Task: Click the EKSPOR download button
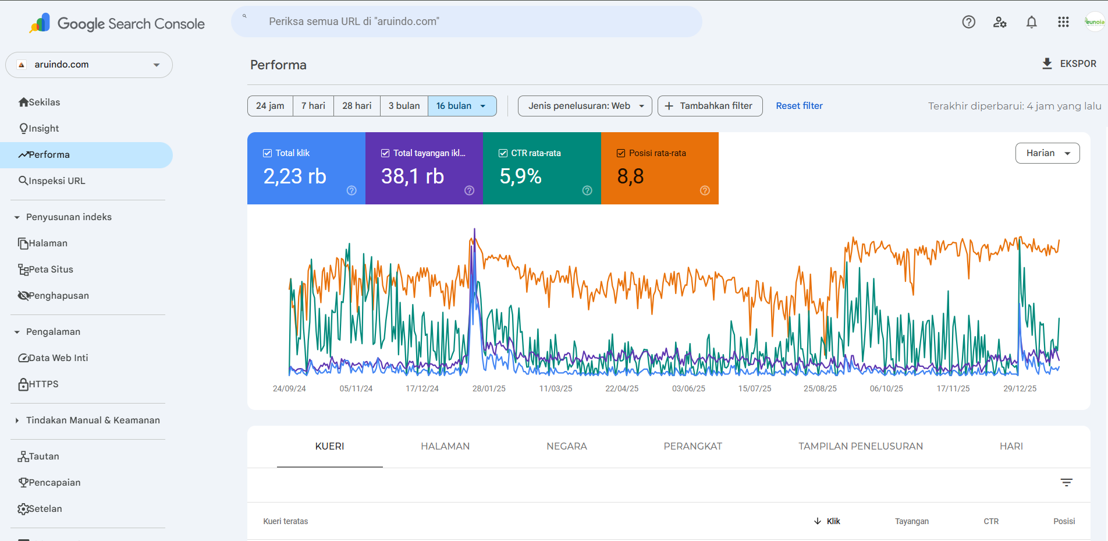[x=1069, y=63]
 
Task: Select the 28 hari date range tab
[x=357, y=106]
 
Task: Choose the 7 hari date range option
[x=313, y=106]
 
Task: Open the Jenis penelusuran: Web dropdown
[x=585, y=106]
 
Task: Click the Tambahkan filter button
[x=710, y=106]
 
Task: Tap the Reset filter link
[x=799, y=106]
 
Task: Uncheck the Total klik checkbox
[x=268, y=153]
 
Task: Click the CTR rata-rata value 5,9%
[x=520, y=176]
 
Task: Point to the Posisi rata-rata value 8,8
[x=630, y=176]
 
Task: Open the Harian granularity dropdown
[x=1047, y=153]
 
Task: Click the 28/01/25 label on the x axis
[x=489, y=388]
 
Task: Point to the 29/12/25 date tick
[x=1020, y=388]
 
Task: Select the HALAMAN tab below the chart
[x=445, y=446]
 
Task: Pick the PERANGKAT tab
[x=692, y=446]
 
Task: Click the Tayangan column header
[x=912, y=521]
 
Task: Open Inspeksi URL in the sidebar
[x=52, y=181]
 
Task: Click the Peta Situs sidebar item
[x=46, y=269]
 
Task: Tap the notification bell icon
[x=1031, y=22]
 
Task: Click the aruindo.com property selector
[x=89, y=65]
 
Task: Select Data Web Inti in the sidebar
[x=54, y=358]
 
